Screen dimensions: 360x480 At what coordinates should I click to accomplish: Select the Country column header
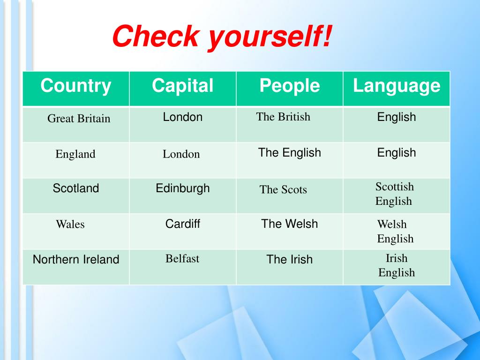click(76, 86)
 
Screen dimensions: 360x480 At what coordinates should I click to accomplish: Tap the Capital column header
click(182, 86)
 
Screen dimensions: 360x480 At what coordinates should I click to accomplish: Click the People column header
click(290, 86)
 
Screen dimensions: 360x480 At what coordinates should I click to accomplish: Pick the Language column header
click(397, 86)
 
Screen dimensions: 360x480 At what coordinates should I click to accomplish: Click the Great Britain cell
click(79, 119)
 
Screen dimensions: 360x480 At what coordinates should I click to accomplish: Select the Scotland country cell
click(76, 188)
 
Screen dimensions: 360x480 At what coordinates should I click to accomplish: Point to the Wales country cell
click(70, 224)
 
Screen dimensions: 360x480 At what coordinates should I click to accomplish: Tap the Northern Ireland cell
click(76, 259)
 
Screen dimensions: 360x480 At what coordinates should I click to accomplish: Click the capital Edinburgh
click(183, 188)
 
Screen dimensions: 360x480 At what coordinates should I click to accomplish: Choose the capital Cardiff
click(183, 224)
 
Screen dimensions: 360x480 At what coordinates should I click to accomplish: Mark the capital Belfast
click(182, 258)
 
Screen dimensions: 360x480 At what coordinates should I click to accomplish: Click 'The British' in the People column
click(283, 117)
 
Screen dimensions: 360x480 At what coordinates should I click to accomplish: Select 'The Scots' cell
click(283, 189)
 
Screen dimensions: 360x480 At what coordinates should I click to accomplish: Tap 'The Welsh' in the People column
click(289, 224)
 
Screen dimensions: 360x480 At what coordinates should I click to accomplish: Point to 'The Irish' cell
click(289, 259)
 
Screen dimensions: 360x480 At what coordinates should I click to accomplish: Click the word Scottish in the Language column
click(395, 187)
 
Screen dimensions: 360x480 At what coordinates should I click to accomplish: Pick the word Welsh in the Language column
click(392, 224)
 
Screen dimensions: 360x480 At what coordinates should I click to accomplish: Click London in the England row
click(181, 154)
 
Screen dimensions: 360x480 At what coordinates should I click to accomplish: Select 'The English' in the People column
click(289, 152)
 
